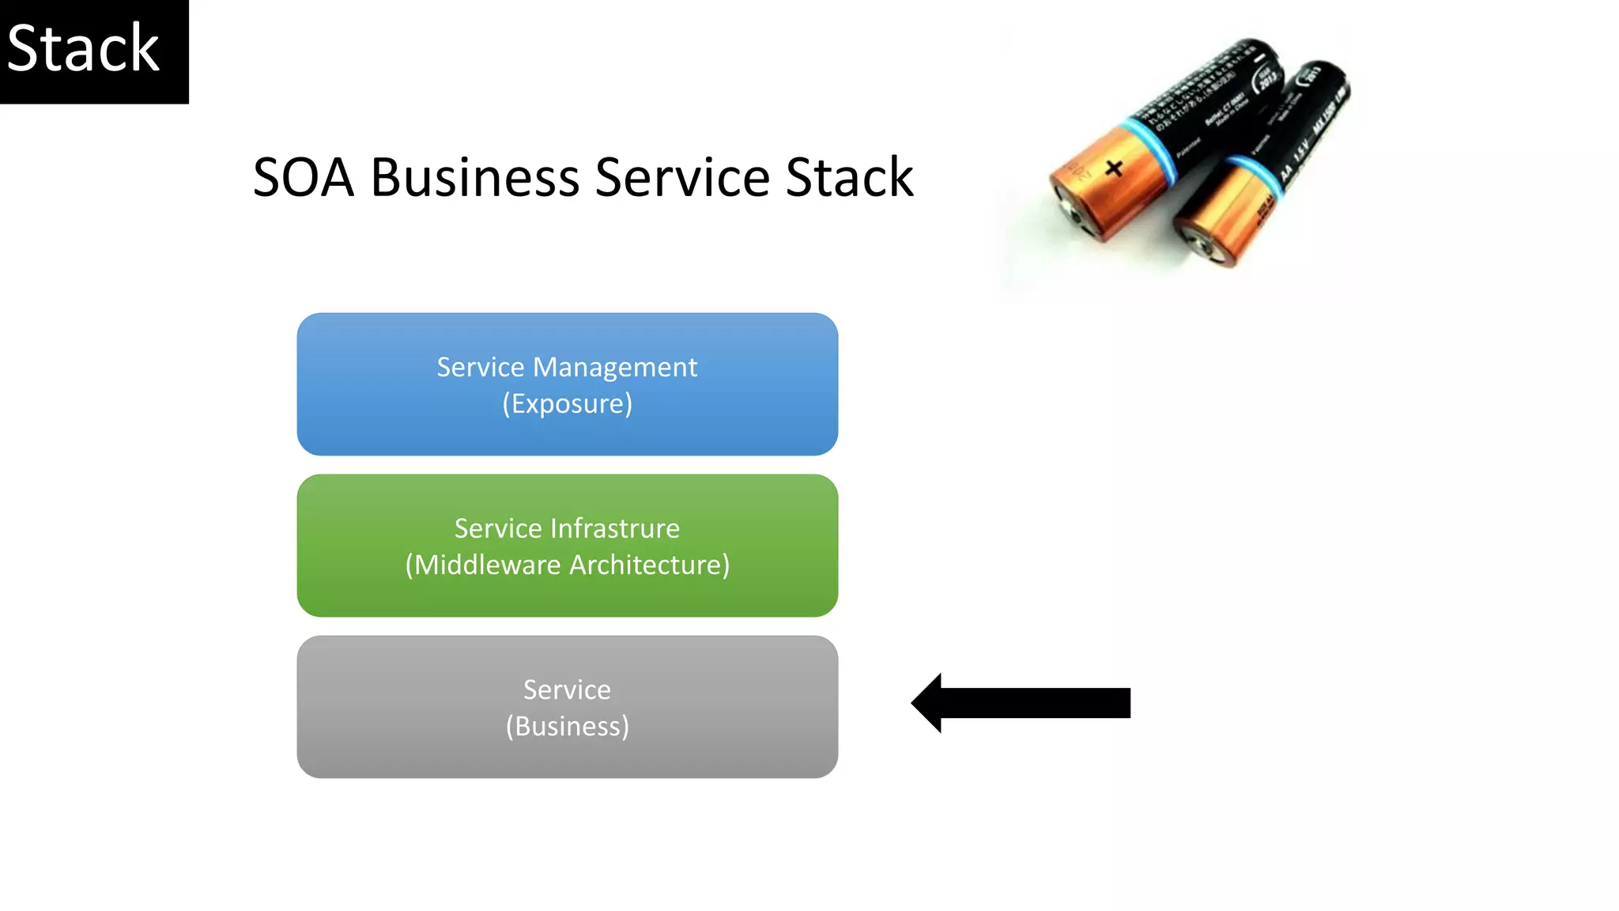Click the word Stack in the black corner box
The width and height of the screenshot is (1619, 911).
point(83,49)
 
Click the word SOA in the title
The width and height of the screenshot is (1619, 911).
point(303,177)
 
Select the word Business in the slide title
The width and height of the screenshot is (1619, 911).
point(475,177)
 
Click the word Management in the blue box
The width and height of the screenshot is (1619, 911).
point(615,367)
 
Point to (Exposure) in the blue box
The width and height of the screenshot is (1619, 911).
point(567,403)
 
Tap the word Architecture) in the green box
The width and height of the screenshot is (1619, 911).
point(650,565)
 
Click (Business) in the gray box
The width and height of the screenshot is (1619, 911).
point(567,726)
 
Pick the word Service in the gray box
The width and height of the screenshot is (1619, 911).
point(567,690)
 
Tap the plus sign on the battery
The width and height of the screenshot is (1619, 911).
point(1114,168)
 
